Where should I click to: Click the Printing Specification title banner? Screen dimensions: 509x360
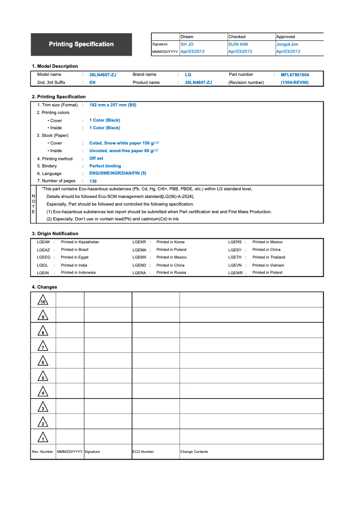point(81,44)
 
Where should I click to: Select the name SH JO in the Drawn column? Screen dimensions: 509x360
point(187,44)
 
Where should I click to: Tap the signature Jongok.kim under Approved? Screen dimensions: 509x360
point(287,44)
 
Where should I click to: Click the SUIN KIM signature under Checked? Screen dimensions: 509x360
point(238,44)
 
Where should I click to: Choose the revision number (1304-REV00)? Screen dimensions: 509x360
point(295,83)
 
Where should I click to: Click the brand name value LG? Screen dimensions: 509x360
point(188,75)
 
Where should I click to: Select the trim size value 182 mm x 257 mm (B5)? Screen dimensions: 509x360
point(113,105)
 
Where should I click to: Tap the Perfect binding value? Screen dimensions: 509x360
point(105,166)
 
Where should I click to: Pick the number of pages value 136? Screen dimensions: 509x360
point(93,181)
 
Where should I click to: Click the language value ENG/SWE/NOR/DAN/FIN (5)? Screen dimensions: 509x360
point(118,174)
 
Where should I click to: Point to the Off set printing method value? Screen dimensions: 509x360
point(96,158)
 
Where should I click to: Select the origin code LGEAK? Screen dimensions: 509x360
point(43,242)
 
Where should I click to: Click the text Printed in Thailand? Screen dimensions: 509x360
point(268,258)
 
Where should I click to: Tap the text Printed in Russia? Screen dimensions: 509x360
point(171,273)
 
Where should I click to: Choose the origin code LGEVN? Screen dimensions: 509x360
point(235,265)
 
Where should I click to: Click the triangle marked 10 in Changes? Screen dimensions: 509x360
point(43,301)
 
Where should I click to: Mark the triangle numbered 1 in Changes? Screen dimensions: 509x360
point(43,437)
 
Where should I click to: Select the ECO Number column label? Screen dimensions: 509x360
point(143,452)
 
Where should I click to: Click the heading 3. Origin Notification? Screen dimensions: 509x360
point(55,234)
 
